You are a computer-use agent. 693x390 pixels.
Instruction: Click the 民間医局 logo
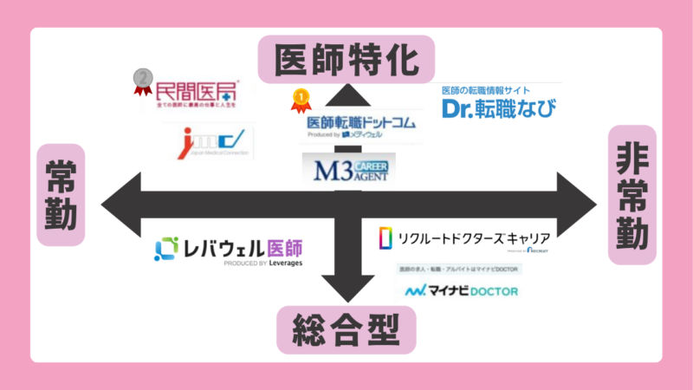195,93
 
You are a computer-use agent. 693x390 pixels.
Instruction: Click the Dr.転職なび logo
498,104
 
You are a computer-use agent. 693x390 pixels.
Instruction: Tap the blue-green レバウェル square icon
166,249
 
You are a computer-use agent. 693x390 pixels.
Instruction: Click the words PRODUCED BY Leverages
263,263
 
